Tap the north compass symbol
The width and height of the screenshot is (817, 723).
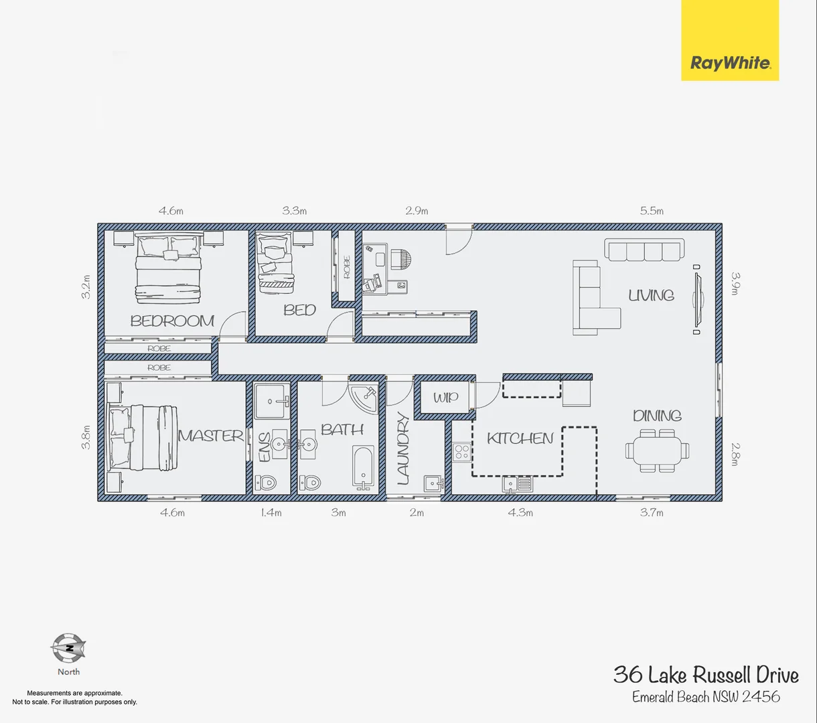pyautogui.click(x=68, y=647)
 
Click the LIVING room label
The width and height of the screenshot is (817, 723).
pyautogui.click(x=651, y=295)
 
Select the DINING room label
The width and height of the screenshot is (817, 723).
pyautogui.click(x=657, y=416)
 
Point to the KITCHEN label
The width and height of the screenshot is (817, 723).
pyautogui.click(x=520, y=438)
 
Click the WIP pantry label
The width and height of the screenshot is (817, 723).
pyautogui.click(x=445, y=398)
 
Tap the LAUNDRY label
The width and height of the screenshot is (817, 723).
pyautogui.click(x=403, y=449)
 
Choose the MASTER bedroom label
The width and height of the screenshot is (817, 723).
pyautogui.click(x=211, y=436)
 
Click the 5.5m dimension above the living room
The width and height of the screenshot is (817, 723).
pyautogui.click(x=652, y=211)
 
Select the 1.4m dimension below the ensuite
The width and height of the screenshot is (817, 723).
pyautogui.click(x=271, y=513)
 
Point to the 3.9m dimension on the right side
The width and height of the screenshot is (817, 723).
pyautogui.click(x=735, y=284)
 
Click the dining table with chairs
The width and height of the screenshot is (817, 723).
pyautogui.click(x=657, y=449)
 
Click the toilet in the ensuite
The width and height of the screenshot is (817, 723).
pyautogui.click(x=267, y=481)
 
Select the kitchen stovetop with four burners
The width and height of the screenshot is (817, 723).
pyautogui.click(x=461, y=452)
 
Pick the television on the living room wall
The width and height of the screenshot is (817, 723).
pyautogui.click(x=697, y=299)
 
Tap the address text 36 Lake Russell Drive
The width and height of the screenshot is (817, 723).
pyautogui.click(x=706, y=675)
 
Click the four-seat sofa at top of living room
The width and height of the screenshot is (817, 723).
pyautogui.click(x=644, y=250)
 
